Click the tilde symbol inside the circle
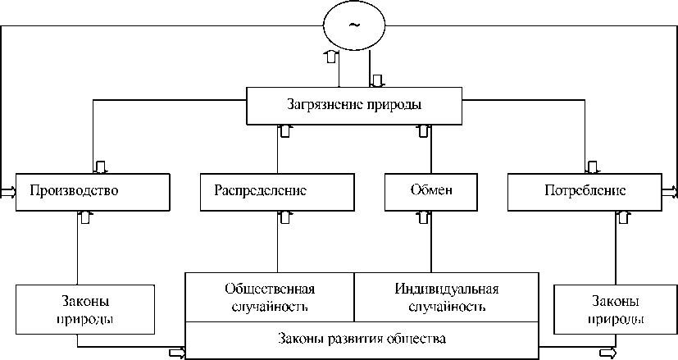point(354,25)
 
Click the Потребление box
point(585,191)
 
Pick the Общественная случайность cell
point(270,298)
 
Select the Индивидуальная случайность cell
point(447,298)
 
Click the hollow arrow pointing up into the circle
point(330,56)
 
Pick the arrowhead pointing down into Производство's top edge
point(100,167)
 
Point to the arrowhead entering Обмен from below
point(423,216)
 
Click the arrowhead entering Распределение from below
point(284,216)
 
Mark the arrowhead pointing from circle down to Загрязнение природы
point(377,81)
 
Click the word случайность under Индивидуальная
point(447,308)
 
